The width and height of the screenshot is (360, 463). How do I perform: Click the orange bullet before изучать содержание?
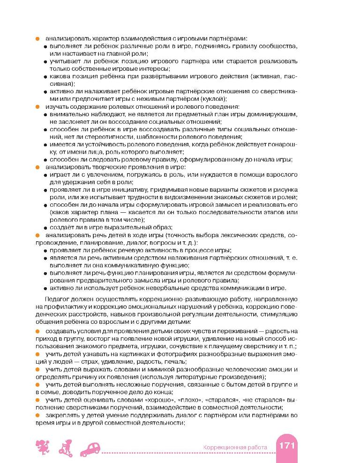coord(37,106)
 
